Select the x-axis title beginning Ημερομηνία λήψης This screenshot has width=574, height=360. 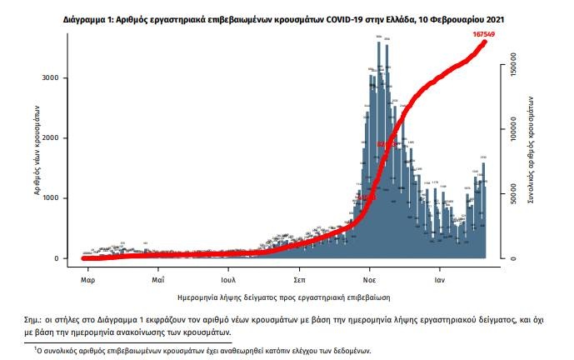pos(283,297)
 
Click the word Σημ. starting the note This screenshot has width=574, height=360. pos(36,320)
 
